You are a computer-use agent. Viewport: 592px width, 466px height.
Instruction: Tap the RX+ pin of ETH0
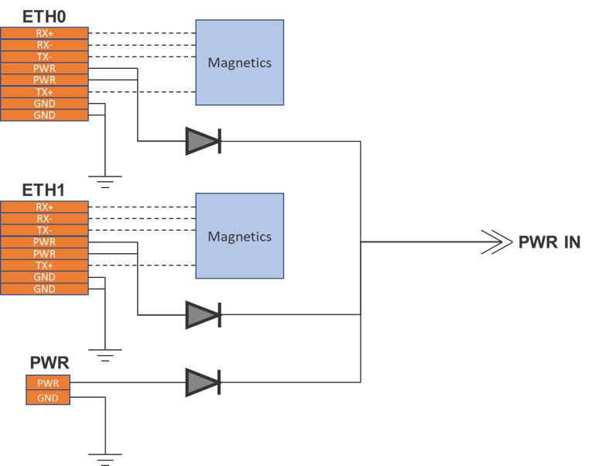pyautogui.click(x=44, y=33)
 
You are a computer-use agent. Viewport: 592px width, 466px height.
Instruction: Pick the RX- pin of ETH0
pyautogui.click(x=44, y=45)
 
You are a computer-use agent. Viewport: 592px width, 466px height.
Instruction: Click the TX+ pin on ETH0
pyautogui.click(x=44, y=92)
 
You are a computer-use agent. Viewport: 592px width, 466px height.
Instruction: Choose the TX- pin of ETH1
pyautogui.click(x=44, y=231)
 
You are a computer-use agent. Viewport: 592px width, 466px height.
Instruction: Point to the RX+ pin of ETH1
pyautogui.click(x=44, y=207)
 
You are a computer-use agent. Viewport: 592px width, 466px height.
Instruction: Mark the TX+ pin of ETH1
pyautogui.click(x=44, y=266)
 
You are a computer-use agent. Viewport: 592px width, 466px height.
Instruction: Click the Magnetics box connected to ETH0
pyautogui.click(x=239, y=63)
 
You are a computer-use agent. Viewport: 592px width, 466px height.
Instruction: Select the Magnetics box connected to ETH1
pyautogui.click(x=239, y=236)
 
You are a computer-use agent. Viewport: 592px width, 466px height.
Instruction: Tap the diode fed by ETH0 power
pyautogui.click(x=203, y=141)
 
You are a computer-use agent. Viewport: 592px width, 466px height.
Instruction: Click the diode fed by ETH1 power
pyautogui.click(x=203, y=314)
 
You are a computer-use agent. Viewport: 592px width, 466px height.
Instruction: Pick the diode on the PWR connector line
pyautogui.click(x=203, y=382)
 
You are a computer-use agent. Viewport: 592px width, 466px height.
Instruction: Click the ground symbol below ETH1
pyautogui.click(x=104, y=356)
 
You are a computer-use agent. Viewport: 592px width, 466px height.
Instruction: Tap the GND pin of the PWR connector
pyautogui.click(x=48, y=398)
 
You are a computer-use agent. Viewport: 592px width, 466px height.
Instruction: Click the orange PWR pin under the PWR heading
pyautogui.click(x=48, y=382)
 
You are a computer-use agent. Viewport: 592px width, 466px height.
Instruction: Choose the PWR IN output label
pyautogui.click(x=549, y=242)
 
